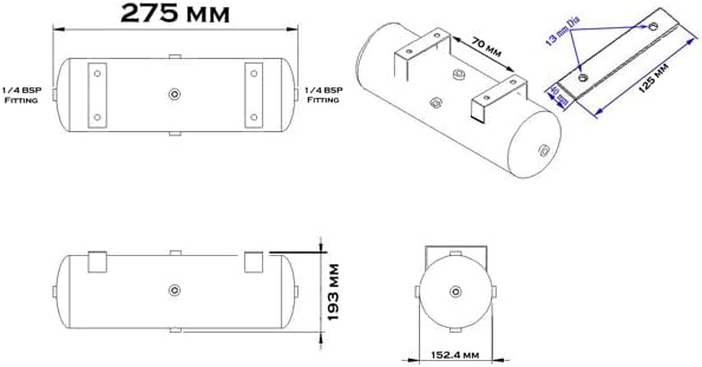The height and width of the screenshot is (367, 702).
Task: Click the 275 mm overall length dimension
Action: point(175,14)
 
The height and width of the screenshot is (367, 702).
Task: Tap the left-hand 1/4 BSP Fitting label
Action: point(22,95)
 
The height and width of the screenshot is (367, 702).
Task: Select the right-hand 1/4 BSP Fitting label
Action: point(323,95)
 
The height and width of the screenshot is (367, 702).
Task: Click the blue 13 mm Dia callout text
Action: point(563,31)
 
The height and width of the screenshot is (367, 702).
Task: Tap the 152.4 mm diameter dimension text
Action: point(455,355)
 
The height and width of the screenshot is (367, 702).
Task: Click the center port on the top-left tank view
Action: point(174,95)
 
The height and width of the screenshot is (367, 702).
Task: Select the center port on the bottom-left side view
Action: point(174,290)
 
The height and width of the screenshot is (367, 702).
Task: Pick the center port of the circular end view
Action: point(455,291)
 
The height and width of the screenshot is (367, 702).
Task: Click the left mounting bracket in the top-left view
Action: point(97,95)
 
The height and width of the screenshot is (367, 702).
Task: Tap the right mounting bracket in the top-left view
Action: point(254,95)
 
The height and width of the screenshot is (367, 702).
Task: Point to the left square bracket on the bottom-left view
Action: point(97,262)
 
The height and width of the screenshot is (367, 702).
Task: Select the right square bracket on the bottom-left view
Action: point(254,262)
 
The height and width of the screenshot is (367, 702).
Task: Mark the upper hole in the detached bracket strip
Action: point(653,26)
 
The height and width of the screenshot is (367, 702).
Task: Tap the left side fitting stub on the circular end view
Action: point(417,291)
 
